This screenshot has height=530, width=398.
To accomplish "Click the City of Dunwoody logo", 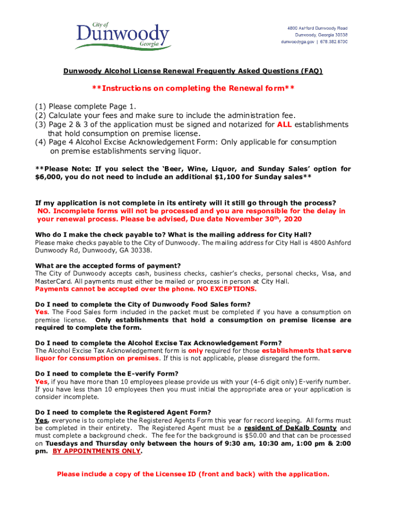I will pyautogui.click(x=123, y=36).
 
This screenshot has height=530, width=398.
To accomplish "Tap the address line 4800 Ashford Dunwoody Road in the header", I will pyautogui.click(x=317, y=27).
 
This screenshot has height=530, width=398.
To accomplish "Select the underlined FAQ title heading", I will pyautogui.click(x=193, y=71).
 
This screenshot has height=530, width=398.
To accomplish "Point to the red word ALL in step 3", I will pyautogui.click(x=286, y=124).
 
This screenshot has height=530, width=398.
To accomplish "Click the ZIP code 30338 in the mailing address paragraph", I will pyautogui.click(x=142, y=250).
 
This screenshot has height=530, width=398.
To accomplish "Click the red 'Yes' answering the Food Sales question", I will pyautogui.click(x=41, y=312).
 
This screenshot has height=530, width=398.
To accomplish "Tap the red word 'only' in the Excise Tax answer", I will pyautogui.click(x=195, y=350).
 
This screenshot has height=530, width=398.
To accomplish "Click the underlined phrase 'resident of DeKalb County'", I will pyautogui.click(x=290, y=428).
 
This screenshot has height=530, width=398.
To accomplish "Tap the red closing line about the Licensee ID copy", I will pyautogui.click(x=193, y=474).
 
